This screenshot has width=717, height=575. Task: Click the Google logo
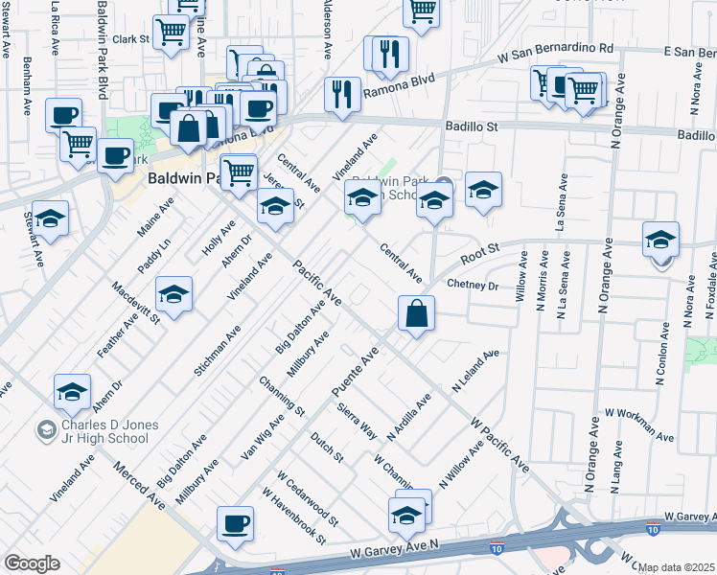(x=32, y=563)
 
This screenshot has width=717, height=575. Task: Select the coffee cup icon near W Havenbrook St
(x=235, y=525)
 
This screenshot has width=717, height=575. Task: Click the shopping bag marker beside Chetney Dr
(x=417, y=313)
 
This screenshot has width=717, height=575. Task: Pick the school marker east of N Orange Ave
(x=660, y=240)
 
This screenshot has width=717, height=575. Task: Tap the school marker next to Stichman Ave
(x=173, y=294)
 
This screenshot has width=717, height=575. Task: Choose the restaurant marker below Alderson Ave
(x=342, y=94)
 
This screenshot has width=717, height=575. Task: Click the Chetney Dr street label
(x=474, y=285)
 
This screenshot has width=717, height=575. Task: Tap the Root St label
(x=480, y=255)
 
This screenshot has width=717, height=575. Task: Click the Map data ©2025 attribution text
(x=677, y=567)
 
